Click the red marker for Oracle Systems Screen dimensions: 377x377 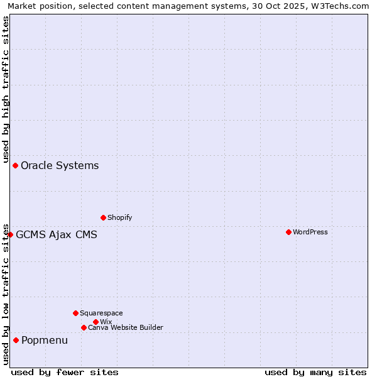point(15,165)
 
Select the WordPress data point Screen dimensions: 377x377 point(288,232)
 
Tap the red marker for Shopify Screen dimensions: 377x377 point(103,217)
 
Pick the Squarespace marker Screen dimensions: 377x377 point(75,313)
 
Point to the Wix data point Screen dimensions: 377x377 point(96,322)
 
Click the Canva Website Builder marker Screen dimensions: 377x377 point(84,327)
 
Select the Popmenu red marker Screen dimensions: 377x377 point(16,340)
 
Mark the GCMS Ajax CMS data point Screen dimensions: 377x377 point(10,234)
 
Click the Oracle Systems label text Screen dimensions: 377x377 point(60,166)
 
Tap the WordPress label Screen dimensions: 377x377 point(310,232)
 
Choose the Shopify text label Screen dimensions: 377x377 point(119,217)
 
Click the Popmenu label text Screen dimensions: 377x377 point(45,341)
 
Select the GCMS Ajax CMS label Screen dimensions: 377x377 point(57,235)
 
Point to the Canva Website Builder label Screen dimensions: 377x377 point(125,327)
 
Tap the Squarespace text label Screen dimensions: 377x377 point(101,313)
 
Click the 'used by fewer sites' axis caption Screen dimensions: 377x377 point(65,372)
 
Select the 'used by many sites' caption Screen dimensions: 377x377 point(315,372)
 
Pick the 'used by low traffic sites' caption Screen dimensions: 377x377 point(6,293)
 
